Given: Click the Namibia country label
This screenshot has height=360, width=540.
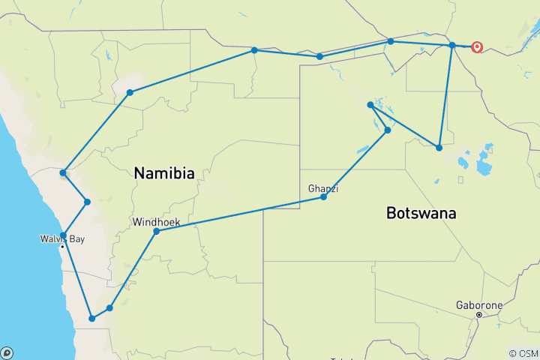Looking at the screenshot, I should [164, 173].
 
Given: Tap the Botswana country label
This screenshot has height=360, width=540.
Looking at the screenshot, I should [421, 213].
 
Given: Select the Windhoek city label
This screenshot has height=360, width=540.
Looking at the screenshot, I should [156, 223].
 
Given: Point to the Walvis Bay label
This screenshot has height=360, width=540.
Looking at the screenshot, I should [62, 239].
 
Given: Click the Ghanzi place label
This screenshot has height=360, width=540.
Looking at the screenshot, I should [323, 189].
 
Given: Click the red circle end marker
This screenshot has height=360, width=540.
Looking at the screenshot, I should [477, 46].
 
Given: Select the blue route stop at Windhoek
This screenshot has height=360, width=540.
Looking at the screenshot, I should [157, 232].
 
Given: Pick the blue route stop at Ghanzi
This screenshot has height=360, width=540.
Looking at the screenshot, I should [323, 197].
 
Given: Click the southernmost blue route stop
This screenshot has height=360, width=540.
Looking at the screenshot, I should [92, 319].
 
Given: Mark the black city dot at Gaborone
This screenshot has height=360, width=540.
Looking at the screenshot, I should [479, 315].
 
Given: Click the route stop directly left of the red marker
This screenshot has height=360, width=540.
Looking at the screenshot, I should [452, 46].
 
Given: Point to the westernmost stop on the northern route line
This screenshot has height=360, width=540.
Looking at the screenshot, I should [130, 92].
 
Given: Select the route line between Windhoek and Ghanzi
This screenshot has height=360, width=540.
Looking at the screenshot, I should [240, 214].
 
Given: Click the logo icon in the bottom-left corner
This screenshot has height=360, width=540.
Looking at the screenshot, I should [7, 352].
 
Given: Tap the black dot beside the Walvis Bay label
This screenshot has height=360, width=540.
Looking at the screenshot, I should [62, 247].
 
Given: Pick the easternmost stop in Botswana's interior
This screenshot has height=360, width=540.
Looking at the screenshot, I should [439, 148].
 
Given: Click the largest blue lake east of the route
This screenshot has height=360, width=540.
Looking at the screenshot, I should [483, 166].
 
